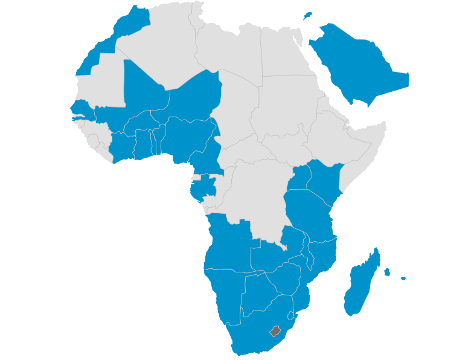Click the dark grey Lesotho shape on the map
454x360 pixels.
(x=276, y=330)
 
